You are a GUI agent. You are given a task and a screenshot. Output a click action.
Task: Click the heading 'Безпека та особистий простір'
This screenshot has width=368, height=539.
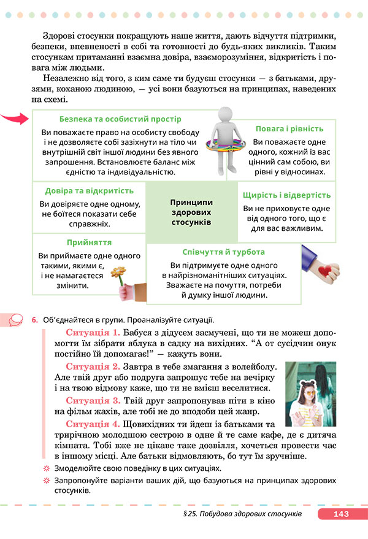coord(120,118)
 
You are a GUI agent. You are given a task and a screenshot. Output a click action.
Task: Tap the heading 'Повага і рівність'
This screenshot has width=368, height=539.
coord(289,128)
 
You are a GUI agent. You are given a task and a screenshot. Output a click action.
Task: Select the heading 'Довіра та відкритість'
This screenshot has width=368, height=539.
coord(89,190)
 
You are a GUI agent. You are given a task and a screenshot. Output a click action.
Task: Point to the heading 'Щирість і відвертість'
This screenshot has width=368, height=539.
coord(287,195)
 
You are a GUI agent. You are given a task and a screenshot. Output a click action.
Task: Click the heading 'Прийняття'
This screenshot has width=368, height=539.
coord(89,242)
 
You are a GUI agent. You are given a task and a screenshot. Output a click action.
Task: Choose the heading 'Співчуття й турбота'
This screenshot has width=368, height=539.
coord(224,252)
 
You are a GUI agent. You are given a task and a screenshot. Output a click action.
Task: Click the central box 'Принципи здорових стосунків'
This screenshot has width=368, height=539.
coord(191,211)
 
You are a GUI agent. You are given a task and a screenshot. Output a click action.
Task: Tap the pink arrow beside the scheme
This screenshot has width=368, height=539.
coord(15,118)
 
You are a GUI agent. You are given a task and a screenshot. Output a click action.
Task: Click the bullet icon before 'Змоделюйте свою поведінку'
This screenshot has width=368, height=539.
coord(45,468)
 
